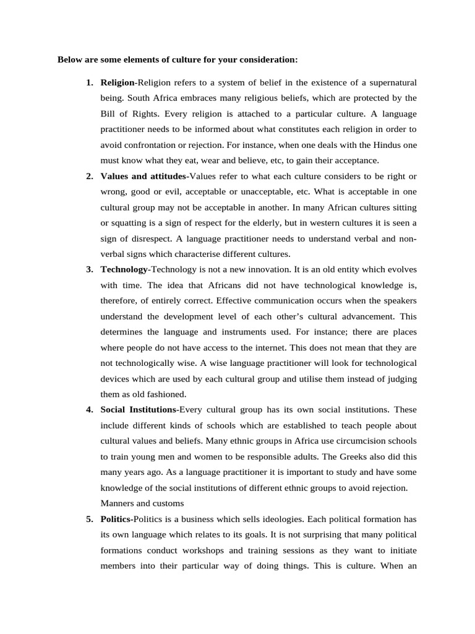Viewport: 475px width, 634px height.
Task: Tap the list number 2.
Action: pyautogui.click(x=89, y=176)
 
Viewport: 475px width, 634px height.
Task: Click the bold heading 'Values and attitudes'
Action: pyautogui.click(x=142, y=176)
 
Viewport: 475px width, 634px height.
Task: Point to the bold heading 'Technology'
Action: pyautogui.click(x=124, y=269)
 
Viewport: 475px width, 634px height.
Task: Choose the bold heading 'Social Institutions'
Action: pyautogui.click(x=138, y=409)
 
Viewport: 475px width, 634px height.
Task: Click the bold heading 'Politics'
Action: pyautogui.click(x=116, y=518)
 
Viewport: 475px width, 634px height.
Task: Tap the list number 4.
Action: pyautogui.click(x=89, y=409)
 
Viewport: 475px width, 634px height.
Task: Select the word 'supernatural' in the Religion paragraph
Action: pyautogui.click(x=391, y=82)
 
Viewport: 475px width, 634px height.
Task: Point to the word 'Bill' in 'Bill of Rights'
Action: pyautogui.click(x=108, y=114)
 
